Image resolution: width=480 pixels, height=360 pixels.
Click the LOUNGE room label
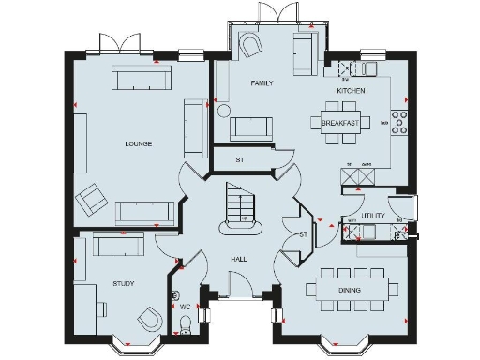point(139,143)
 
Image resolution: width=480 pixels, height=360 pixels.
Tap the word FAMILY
point(262,83)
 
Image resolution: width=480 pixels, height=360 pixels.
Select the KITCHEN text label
point(351,90)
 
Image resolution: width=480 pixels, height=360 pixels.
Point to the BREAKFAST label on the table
point(339,123)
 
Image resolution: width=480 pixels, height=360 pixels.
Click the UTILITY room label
point(373,216)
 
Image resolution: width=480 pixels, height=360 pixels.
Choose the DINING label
point(350,291)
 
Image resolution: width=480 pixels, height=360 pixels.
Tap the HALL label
point(238,258)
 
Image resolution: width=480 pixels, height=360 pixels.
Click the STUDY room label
point(123,282)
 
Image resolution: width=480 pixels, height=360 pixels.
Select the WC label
point(185,307)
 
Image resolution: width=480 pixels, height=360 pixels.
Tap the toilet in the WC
point(185,324)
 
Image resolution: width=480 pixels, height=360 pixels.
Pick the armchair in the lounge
point(92,198)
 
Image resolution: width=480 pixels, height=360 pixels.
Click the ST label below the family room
point(240,160)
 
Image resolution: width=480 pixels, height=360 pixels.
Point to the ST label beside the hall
point(302,233)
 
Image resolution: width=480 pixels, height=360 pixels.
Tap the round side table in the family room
point(223,110)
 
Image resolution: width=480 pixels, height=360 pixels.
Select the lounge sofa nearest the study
point(143,212)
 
